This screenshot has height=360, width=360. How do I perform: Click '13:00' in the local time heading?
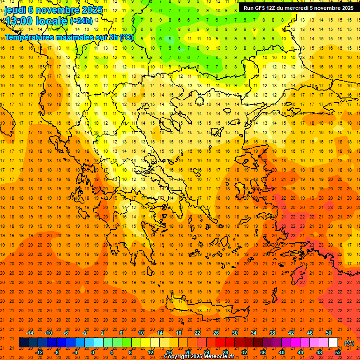[x=19, y=21]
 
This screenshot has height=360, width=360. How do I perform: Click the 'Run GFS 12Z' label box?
[x=299, y=8]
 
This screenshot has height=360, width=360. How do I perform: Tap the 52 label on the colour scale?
[x=338, y=352]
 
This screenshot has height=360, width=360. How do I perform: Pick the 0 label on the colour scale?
[x=92, y=352]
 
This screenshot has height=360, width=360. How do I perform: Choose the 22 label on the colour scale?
[x=197, y=333]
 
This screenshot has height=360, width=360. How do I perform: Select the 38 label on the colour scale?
[x=272, y=333]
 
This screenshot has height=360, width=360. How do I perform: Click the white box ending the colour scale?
[x=333, y=343]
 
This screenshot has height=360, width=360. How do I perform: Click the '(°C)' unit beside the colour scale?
[x=349, y=343]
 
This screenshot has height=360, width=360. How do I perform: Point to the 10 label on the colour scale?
[x=141, y=333]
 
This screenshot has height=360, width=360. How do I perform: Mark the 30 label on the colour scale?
[x=235, y=333]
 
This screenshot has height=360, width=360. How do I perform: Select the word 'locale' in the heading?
[x=51, y=21]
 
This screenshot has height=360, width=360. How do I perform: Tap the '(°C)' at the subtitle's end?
[x=127, y=37]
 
